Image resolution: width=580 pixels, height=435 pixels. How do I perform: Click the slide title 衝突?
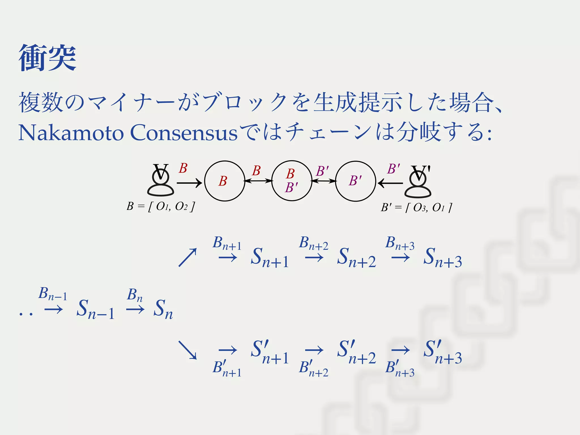point(47,58)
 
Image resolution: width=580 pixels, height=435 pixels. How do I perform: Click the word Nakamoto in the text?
point(71,133)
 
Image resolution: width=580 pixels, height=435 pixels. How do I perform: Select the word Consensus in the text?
point(184,133)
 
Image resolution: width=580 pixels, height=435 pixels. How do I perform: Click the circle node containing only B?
point(225,181)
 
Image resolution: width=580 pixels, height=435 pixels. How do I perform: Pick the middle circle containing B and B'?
point(291,181)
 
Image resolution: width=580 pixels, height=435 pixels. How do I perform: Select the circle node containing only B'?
point(355,181)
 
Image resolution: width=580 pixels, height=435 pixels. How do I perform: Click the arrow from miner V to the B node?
point(189,183)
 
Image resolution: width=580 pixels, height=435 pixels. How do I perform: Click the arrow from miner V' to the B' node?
point(390,183)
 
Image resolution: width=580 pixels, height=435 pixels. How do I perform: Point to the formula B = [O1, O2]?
point(161,206)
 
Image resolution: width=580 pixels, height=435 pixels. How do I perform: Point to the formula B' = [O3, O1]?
point(416,208)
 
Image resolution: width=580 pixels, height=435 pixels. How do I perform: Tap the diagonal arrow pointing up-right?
point(187,257)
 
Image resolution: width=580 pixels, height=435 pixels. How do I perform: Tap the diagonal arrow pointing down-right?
point(187,350)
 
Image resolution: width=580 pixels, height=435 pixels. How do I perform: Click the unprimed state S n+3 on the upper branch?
point(442,258)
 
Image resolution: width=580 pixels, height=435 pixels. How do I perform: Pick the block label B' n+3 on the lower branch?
point(400,368)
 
